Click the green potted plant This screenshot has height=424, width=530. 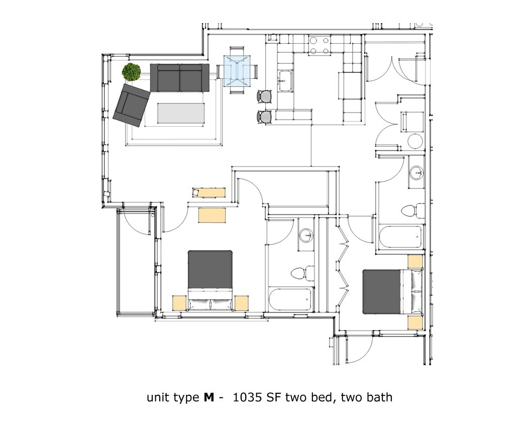point(132,72)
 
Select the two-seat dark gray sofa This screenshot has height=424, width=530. point(180,78)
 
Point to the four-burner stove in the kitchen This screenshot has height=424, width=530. point(320,46)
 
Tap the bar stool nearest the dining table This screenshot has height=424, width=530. point(265,96)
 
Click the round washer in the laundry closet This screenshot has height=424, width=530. point(415,142)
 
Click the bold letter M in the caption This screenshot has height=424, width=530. point(209,397)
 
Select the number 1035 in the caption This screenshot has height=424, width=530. point(247,397)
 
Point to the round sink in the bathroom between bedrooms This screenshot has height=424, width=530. point(305,235)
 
